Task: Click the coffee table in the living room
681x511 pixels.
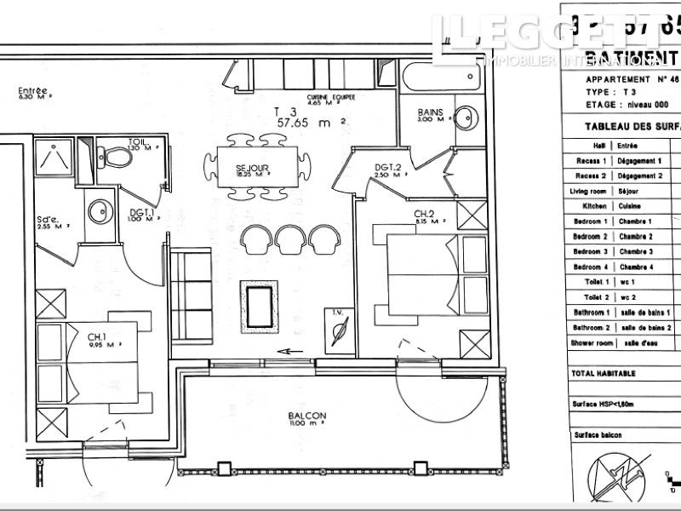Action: pyautogui.click(x=260, y=305)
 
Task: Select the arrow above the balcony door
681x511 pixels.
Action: pyautogui.click(x=291, y=350)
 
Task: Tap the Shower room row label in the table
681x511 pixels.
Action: pyautogui.click(x=591, y=343)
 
